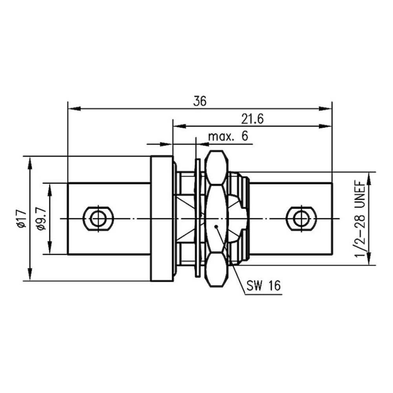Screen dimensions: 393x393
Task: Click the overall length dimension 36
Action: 200,101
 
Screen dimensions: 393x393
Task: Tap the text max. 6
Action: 228,137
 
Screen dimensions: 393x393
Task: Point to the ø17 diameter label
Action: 21,219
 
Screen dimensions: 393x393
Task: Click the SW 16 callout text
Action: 264,285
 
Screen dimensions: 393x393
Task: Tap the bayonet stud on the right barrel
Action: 301,219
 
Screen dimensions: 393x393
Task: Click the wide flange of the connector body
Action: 162,219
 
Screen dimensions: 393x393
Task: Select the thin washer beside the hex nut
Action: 197,219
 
